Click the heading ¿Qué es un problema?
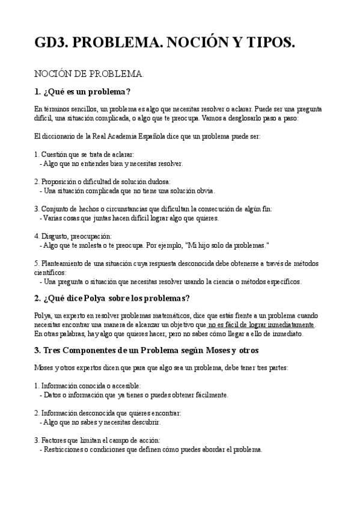click(82, 92)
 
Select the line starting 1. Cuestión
click(84, 155)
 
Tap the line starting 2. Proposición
click(102, 182)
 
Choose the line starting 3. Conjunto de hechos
click(153, 209)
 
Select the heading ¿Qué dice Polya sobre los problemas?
click(112, 298)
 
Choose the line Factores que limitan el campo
click(97, 440)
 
